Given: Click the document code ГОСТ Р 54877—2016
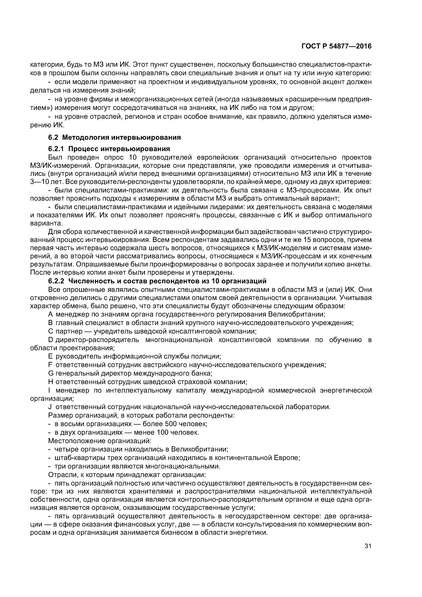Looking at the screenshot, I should click(x=336, y=46).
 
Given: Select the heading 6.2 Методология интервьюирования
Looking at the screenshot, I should click(x=114, y=137).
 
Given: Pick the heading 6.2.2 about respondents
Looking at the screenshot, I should click(x=157, y=281).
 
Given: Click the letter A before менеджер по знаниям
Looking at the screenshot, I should click(x=50, y=314).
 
